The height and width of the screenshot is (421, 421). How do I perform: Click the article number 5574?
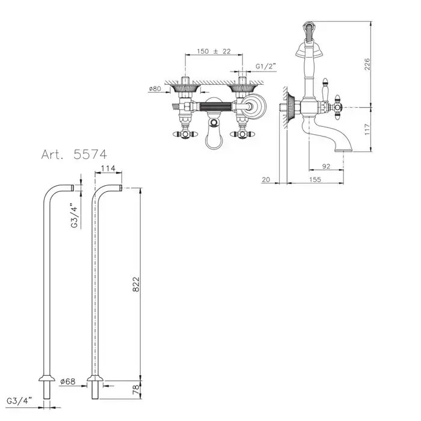(x=90, y=154)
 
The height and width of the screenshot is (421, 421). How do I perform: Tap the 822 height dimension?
(x=137, y=284)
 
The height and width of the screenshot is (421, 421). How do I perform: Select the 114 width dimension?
(x=108, y=168)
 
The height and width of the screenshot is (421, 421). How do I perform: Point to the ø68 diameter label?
(x=68, y=381)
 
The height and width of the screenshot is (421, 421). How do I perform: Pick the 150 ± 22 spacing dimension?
(x=214, y=51)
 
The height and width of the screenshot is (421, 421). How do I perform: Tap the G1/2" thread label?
(x=266, y=66)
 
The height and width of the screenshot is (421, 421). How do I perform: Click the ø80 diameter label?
(x=155, y=88)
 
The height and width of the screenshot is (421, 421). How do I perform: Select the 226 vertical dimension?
(x=367, y=64)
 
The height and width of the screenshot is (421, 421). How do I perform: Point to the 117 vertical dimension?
(x=367, y=129)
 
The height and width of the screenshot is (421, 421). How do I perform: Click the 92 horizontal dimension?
(x=326, y=166)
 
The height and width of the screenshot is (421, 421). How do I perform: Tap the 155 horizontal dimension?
(x=315, y=179)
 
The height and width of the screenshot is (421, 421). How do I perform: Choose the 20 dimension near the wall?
(x=266, y=179)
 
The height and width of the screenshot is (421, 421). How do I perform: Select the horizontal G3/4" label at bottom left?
(x=19, y=401)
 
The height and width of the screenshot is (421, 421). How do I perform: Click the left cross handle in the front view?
(x=184, y=134)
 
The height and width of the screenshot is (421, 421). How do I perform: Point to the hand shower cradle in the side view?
(x=309, y=51)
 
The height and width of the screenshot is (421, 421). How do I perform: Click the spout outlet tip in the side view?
(x=343, y=150)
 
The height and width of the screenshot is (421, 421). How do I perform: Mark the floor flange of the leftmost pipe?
(x=47, y=378)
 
